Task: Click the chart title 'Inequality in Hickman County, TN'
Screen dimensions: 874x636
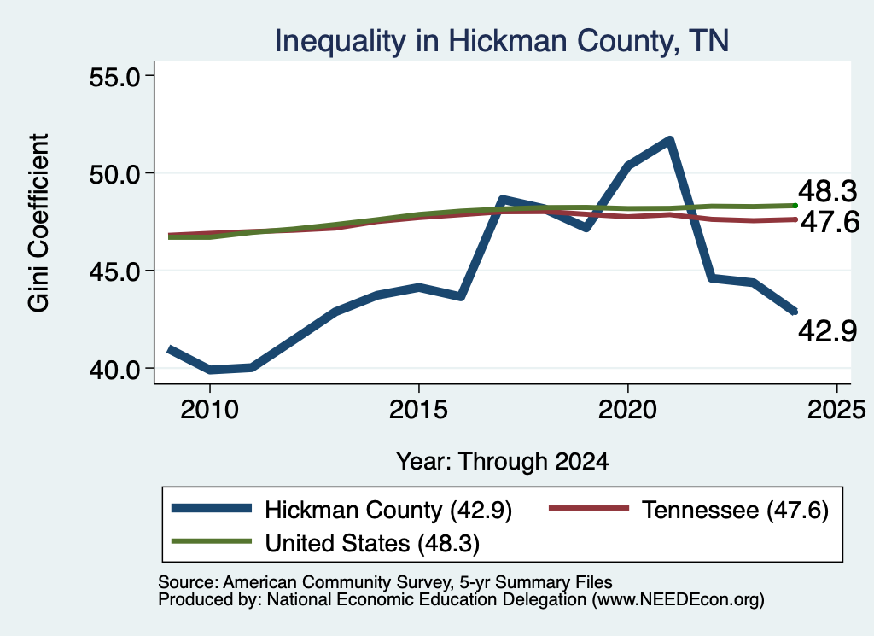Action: point(502,41)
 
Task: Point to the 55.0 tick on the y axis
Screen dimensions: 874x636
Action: point(115,76)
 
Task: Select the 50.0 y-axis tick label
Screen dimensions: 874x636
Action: point(115,174)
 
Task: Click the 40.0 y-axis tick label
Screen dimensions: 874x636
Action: point(115,370)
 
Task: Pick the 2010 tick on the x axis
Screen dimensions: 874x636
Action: point(210,410)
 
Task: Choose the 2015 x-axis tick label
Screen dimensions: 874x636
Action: point(418,410)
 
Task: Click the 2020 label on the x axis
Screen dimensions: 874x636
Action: point(627,410)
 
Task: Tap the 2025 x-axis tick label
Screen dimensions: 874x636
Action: point(836,410)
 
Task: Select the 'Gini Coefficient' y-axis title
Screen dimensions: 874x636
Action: point(38,223)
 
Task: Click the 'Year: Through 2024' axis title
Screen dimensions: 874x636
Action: point(502,462)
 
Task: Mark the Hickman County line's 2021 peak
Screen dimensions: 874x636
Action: point(669,140)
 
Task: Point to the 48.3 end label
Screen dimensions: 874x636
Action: point(827,192)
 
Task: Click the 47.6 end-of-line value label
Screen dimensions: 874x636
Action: point(830,222)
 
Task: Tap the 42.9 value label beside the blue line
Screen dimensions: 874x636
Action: point(827,331)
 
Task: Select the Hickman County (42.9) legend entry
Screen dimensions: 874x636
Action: point(341,510)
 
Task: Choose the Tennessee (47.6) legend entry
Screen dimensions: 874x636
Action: point(689,510)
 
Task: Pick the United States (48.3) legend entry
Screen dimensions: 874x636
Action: point(325,542)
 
